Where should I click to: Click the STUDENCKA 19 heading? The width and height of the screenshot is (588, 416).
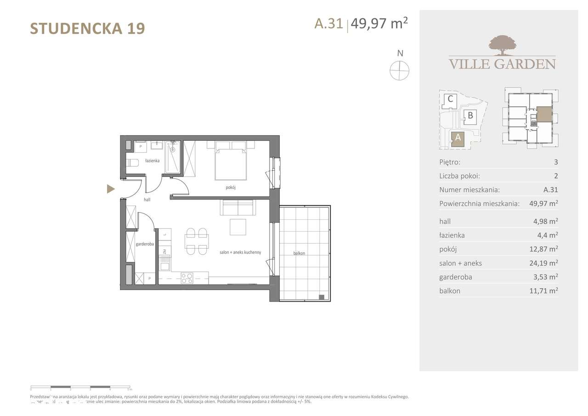87,28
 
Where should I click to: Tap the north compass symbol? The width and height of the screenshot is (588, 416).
399,70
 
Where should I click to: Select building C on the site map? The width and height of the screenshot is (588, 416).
450,99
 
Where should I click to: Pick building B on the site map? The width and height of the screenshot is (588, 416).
470,115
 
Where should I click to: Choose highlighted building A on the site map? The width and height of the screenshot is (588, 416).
458,138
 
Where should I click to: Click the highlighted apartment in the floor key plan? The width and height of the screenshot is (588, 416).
544,114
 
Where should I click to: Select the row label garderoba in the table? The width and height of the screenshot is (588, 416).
456,277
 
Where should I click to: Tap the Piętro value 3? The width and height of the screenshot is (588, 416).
556,162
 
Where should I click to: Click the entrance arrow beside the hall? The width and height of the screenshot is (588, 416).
111,188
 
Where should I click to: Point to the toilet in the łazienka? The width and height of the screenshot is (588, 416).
133,163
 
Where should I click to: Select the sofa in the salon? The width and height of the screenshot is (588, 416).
238,208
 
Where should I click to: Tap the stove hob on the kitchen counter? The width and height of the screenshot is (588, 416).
187,278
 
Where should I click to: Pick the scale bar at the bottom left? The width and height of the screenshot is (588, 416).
80,387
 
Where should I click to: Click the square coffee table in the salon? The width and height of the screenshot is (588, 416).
238,227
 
